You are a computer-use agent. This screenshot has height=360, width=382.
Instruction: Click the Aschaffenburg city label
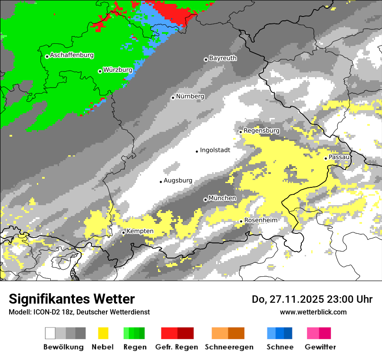(x=72, y=56)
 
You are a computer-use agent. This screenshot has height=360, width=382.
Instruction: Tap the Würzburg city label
(x=118, y=70)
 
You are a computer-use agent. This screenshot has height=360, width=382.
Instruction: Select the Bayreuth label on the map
(x=223, y=58)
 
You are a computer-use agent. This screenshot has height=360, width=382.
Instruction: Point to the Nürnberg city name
(x=190, y=96)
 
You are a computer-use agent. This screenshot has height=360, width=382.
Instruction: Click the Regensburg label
(x=261, y=131)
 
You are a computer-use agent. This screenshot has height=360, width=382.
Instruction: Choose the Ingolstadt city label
(x=215, y=150)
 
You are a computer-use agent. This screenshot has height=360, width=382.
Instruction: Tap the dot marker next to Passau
(x=326, y=158)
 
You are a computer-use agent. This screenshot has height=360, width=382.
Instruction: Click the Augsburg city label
(x=178, y=180)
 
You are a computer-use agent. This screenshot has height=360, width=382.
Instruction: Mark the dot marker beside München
(x=205, y=200)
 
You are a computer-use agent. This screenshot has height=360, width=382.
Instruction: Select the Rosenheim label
(x=260, y=220)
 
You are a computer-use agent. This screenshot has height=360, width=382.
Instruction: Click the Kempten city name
(x=140, y=231)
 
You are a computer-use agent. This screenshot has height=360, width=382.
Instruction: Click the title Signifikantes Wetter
(x=72, y=299)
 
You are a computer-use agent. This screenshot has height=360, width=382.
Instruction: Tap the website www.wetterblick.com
(x=313, y=312)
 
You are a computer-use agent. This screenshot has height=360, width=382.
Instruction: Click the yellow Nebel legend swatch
(x=103, y=333)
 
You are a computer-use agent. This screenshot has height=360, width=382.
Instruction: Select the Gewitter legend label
(x=320, y=347)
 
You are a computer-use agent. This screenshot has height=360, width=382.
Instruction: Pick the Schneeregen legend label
(x=229, y=347)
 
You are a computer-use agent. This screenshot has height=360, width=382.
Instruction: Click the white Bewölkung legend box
(x=50, y=333)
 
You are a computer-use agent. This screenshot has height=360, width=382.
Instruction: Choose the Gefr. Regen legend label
(x=177, y=347)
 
